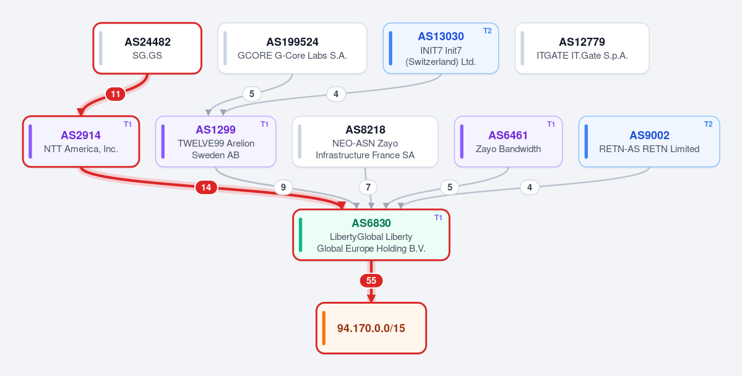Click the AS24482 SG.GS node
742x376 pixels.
[x=147, y=48]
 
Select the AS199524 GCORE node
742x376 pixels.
[x=292, y=48]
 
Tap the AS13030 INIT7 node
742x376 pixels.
[x=441, y=48]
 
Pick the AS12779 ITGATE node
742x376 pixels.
[x=582, y=48]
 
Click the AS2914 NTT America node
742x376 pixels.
[x=81, y=142]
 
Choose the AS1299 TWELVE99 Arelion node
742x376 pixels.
[x=216, y=142]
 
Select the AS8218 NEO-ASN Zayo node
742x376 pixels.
[x=365, y=142]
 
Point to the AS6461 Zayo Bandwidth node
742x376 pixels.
[x=508, y=142]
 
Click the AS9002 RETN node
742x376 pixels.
[x=649, y=142]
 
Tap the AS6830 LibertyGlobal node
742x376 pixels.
[x=371, y=234]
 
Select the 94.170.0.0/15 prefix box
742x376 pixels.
[x=371, y=328]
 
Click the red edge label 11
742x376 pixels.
[x=116, y=94]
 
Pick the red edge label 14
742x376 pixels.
[x=206, y=188]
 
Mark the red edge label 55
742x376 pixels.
[x=371, y=281]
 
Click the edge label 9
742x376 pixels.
[x=283, y=188]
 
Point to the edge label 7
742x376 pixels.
[x=368, y=188]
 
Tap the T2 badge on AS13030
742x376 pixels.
[x=488, y=31]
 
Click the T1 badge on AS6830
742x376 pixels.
[x=438, y=218]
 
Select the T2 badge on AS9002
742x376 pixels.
[x=709, y=124]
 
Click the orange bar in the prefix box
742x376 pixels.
[x=324, y=328]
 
